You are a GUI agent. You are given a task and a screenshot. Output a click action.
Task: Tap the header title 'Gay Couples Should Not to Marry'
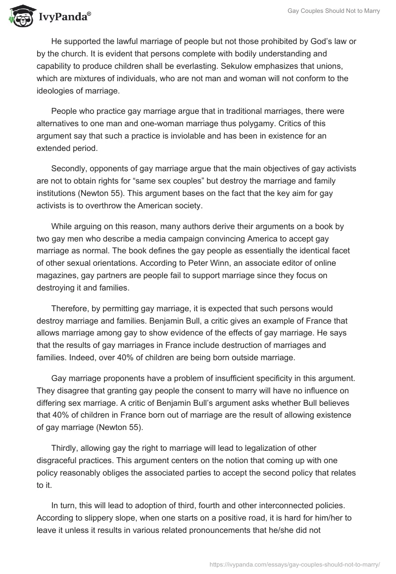[x=334, y=10]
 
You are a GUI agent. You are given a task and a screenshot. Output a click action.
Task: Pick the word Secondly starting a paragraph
[x=70, y=169]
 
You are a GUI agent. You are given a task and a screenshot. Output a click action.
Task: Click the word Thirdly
[x=66, y=448]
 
